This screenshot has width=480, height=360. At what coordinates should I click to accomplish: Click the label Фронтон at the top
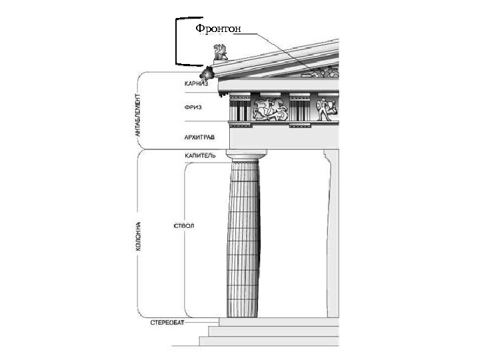pos(217,28)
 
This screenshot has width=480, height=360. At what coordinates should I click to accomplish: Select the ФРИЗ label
pos(193,107)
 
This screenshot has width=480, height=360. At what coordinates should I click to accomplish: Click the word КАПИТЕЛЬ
pos(200,156)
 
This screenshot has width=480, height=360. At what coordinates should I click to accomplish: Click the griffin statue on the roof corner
pos(219,53)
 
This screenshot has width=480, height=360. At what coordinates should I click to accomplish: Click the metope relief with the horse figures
pos(269,109)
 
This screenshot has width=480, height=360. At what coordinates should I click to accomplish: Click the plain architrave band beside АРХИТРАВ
pos(280,138)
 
